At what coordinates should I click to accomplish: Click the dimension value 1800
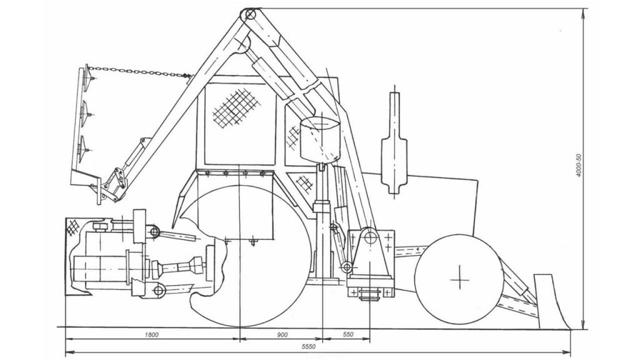pos(151,335)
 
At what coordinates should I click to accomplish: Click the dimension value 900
pos(282,335)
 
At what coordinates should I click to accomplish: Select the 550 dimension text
pos(347,334)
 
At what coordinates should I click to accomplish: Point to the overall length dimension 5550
pos(309,347)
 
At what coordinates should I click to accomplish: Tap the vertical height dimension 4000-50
pos(578,166)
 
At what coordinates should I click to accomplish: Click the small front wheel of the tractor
pos(459,279)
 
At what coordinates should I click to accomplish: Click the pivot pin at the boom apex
pos(250,15)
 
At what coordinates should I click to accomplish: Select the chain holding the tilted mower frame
pos(139,72)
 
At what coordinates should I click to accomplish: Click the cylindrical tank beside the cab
pos(320,139)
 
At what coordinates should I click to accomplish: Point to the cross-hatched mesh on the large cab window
pos(236,108)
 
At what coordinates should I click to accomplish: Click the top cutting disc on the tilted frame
pos(86,77)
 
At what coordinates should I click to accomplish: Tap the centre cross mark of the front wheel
pos(459,280)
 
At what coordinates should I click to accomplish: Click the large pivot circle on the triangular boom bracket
pos(370,237)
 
